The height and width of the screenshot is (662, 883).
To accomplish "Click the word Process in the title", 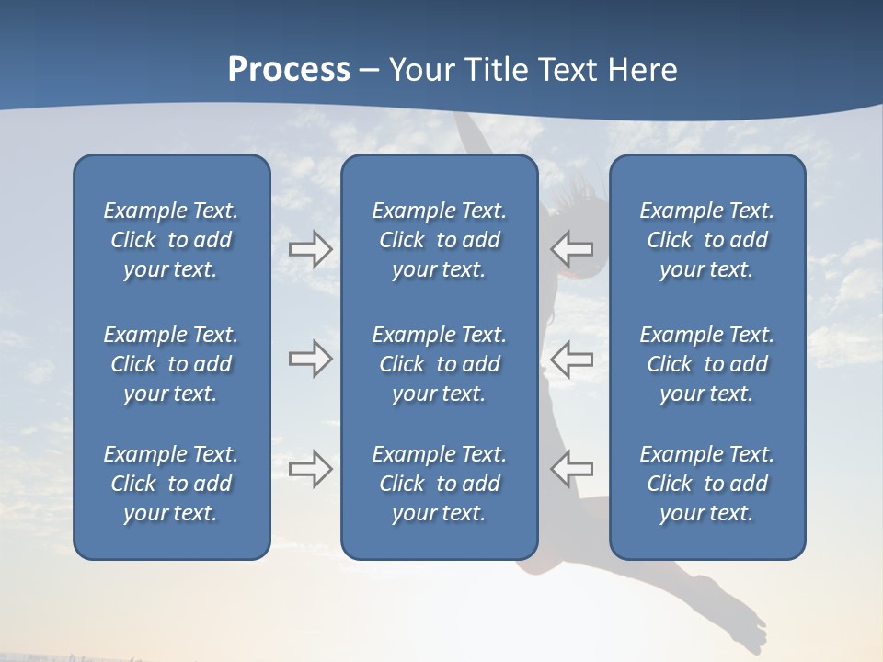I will pyautogui.click(x=289, y=70).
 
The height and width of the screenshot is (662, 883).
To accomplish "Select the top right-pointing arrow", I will pyautogui.click(x=310, y=248).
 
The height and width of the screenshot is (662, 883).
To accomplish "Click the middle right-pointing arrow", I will pyautogui.click(x=310, y=358).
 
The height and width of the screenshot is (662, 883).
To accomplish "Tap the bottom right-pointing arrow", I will pyautogui.click(x=310, y=468).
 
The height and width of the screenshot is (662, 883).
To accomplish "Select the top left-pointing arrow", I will pyautogui.click(x=571, y=248).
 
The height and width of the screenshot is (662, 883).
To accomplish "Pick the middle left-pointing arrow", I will pyautogui.click(x=571, y=358).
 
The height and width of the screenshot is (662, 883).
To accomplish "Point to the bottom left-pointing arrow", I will pyautogui.click(x=571, y=468).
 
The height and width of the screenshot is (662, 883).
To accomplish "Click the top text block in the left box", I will pyautogui.click(x=171, y=240).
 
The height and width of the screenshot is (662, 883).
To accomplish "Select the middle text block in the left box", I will pyautogui.click(x=171, y=364).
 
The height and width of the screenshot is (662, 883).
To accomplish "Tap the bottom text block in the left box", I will pyautogui.click(x=171, y=484).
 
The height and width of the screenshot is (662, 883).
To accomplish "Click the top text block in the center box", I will pyautogui.click(x=439, y=240).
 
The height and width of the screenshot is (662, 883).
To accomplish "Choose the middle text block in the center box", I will pyautogui.click(x=439, y=364).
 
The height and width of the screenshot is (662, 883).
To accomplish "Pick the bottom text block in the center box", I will pyautogui.click(x=439, y=484).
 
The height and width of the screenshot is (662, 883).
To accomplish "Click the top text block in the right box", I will pyautogui.click(x=707, y=240).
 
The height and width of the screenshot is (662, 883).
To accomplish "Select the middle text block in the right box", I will pyautogui.click(x=707, y=364).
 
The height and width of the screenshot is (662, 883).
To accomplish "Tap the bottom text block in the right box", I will pyautogui.click(x=707, y=484).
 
